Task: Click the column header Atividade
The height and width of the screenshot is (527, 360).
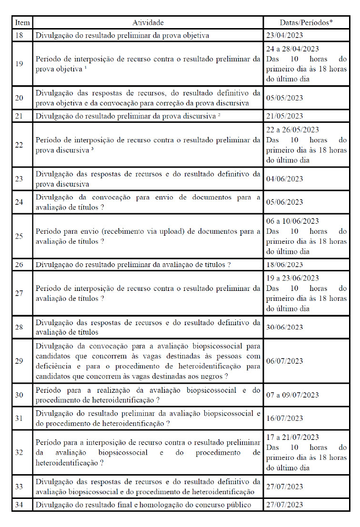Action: pyautogui.click(x=148, y=22)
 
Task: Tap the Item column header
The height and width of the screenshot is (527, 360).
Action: pyautogui.click(x=22, y=22)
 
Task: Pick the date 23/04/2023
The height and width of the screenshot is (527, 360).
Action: pyautogui.click(x=285, y=35)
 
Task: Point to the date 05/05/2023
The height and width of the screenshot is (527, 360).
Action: pyautogui.click(x=285, y=98)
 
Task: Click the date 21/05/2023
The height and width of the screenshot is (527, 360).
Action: pyautogui.click(x=285, y=116)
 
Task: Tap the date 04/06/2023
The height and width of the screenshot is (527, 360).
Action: pyautogui.click(x=285, y=179)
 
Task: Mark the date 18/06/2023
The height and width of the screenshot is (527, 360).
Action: pyautogui.click(x=285, y=265)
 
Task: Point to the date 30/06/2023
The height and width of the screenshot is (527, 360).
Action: pyautogui.click(x=285, y=328)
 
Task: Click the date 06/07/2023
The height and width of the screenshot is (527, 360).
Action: pyautogui.click(x=285, y=361)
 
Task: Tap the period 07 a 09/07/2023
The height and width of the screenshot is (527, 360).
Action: pyautogui.click(x=292, y=395)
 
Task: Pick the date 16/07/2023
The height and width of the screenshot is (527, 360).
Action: pyautogui.click(x=285, y=418)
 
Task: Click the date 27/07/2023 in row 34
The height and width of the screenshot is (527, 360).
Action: pyautogui.click(x=285, y=505)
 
